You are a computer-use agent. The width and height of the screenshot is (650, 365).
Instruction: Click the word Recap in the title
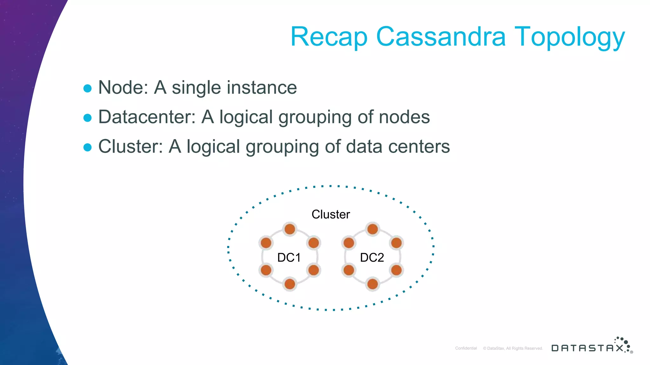pos(329,37)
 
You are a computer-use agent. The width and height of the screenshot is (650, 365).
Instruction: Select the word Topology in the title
pos(569,37)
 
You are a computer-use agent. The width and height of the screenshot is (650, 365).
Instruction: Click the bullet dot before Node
pos(87,88)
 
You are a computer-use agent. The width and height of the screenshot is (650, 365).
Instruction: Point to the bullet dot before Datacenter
pos(87,118)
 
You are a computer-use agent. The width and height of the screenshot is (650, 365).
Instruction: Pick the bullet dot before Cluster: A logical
pos(87,147)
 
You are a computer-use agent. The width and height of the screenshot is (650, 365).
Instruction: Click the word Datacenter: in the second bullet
pos(147,117)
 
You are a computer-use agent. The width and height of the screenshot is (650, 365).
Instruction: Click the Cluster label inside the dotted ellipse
pos(331,215)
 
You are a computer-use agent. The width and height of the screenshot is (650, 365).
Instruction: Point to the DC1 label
pos(289,258)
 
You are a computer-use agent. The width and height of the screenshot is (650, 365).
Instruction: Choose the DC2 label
pos(372,258)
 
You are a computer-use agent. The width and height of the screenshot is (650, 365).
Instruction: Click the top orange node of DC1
pos(290,229)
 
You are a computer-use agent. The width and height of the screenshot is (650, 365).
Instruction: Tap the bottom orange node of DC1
pos(290,284)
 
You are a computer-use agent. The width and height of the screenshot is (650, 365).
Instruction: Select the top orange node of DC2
pos(373,229)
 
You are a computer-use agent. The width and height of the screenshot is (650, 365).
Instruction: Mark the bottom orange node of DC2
pos(373,284)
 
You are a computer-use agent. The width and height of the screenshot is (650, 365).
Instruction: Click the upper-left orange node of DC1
pos(266,243)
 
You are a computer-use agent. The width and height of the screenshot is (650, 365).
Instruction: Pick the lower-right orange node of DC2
pos(396,270)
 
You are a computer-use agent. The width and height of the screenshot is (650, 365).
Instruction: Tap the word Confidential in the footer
pos(466,348)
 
